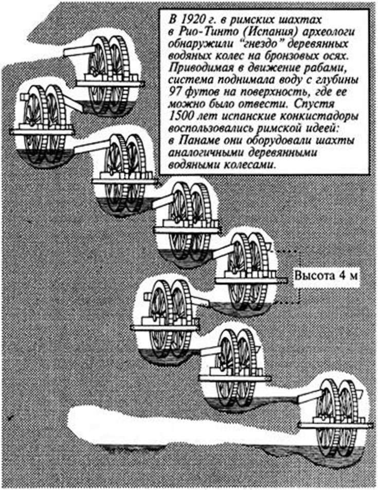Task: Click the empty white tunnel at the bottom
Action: click(x=170, y=424)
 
